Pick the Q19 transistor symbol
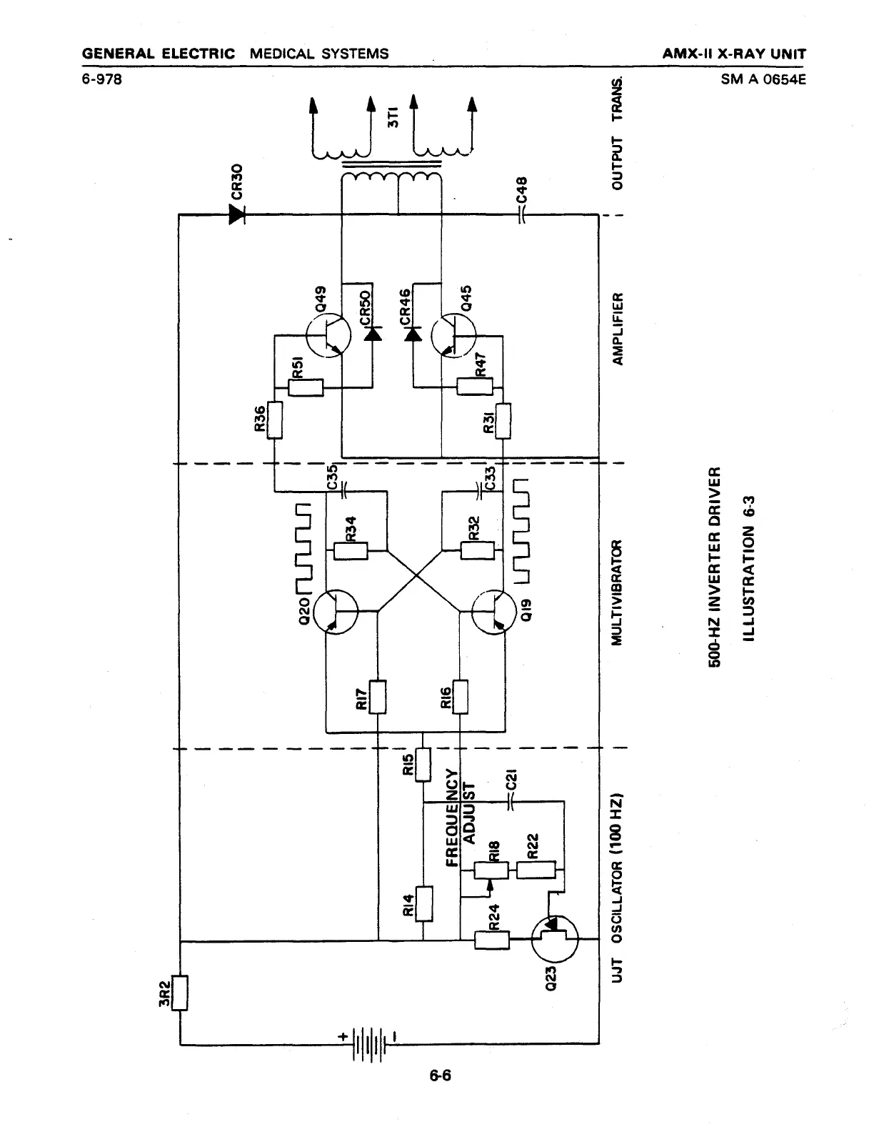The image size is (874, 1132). [x=494, y=612]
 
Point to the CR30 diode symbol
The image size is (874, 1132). [x=237, y=214]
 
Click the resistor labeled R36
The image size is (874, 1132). [x=273, y=420]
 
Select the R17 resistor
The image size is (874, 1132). [x=377, y=697]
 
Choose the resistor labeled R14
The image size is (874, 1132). [x=424, y=904]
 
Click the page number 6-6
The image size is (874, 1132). [x=441, y=1075]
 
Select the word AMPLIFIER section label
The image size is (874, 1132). [x=619, y=328]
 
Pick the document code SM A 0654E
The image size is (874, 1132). [x=763, y=79]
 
